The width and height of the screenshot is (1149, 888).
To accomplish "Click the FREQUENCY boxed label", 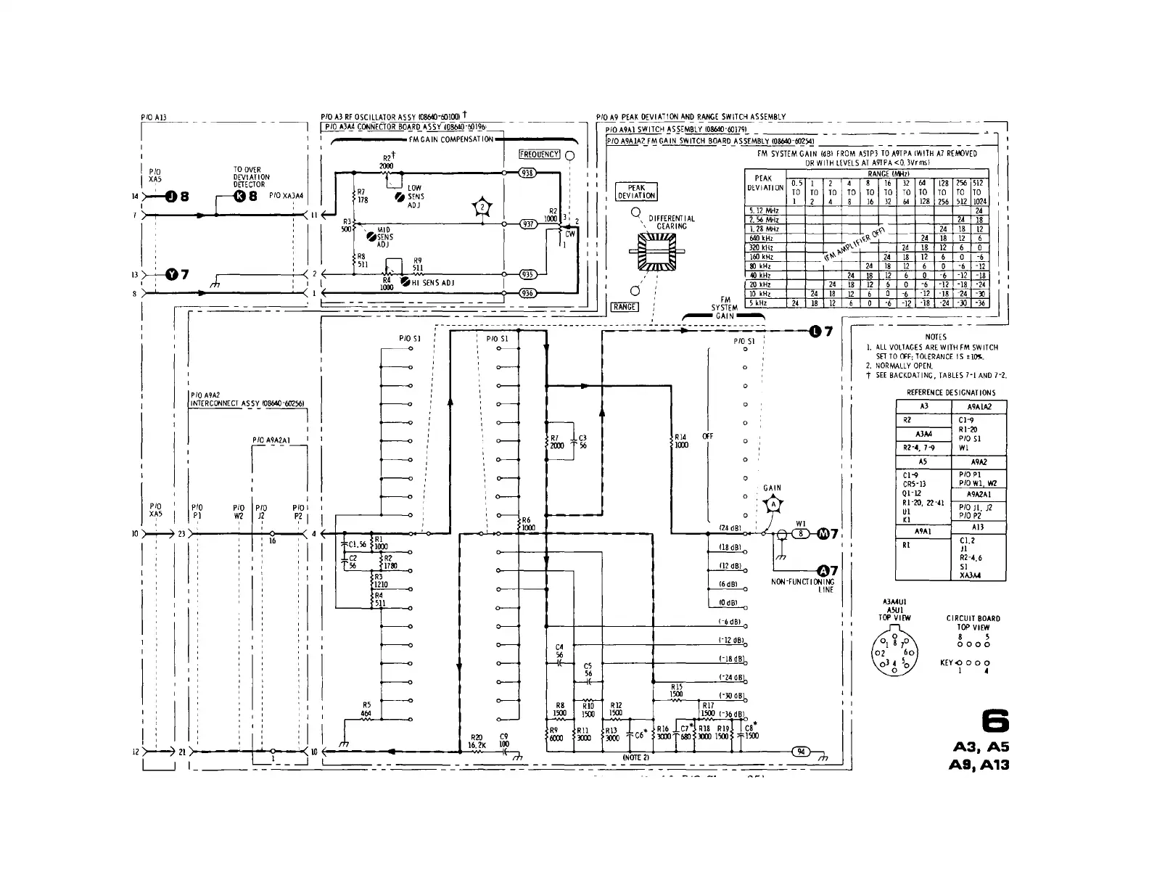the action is point(540,155).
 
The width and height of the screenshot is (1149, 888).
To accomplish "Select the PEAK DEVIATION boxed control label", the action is point(636,192).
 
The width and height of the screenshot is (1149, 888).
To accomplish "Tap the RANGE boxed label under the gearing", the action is point(625,307).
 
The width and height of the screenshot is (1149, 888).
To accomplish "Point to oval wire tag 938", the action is point(527,173).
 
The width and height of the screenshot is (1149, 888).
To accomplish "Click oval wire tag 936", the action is point(527,293).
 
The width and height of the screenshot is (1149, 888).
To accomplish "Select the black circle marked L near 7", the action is point(816,332).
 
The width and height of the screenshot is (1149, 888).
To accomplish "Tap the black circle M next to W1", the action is point(823,534).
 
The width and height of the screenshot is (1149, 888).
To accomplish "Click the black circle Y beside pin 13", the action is point(172,274).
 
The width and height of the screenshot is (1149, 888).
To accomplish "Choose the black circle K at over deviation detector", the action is point(240,196).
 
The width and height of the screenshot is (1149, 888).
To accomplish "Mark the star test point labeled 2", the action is point(482,207).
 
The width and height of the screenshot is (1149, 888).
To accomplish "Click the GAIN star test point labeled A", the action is point(773,505).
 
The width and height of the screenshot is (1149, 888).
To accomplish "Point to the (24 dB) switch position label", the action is point(729,527).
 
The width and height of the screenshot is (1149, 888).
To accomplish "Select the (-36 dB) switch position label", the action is point(730,714).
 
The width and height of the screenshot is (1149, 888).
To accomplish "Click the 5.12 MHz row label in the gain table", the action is point(764,210).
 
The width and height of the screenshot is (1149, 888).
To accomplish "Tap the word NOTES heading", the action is point(936,337).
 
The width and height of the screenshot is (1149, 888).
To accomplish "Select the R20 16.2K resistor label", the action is point(476,741).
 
